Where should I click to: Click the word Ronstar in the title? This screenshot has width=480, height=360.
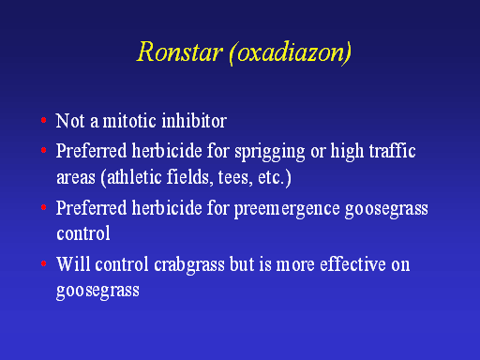[180, 52]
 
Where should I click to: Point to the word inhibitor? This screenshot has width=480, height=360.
[194, 121]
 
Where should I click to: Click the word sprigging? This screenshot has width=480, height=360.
[270, 152]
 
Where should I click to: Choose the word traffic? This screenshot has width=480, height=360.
[392, 151]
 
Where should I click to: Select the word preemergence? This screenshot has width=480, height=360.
[287, 209]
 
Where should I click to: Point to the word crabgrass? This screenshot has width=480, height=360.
[189, 265]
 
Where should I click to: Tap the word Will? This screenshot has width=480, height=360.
[73, 264]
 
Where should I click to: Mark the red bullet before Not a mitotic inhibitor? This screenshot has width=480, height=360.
[44, 120]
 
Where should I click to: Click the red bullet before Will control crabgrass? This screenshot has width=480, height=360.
[44, 263]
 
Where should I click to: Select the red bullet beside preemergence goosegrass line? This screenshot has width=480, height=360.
[44, 207]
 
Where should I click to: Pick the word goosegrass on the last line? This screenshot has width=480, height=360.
[97, 292]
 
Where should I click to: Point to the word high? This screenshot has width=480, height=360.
[347, 152]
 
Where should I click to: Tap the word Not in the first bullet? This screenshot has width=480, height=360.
[70, 121]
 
